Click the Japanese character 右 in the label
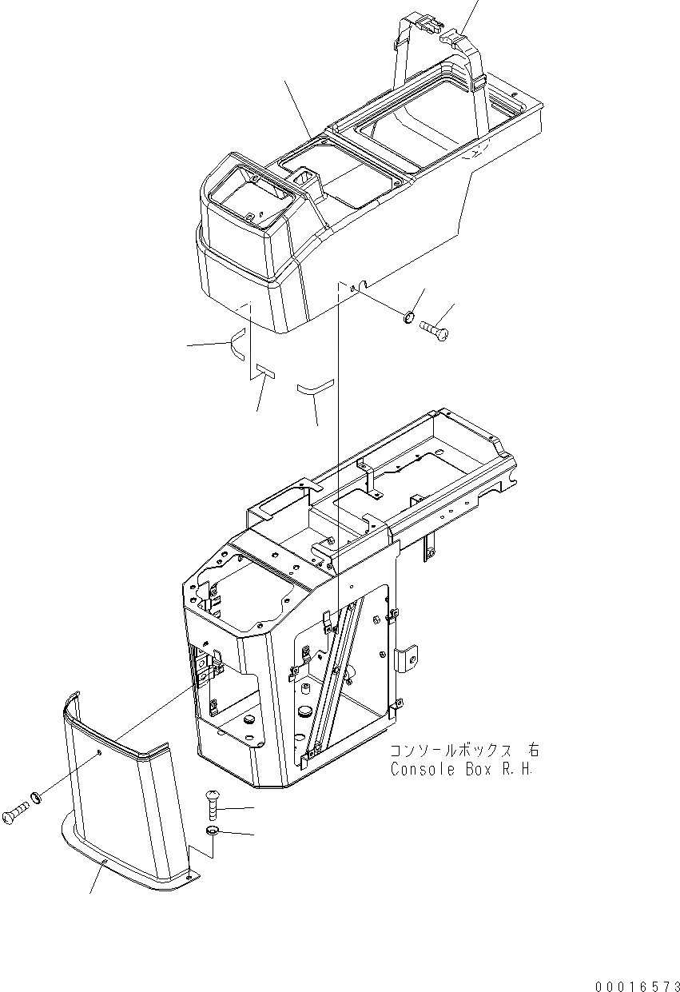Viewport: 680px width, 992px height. click(x=532, y=751)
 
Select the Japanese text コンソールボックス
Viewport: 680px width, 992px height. click(x=451, y=751)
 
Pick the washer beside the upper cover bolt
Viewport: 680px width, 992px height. click(x=408, y=318)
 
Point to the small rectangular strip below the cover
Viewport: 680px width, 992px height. click(x=264, y=370)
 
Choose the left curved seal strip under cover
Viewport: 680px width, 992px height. click(x=237, y=349)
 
